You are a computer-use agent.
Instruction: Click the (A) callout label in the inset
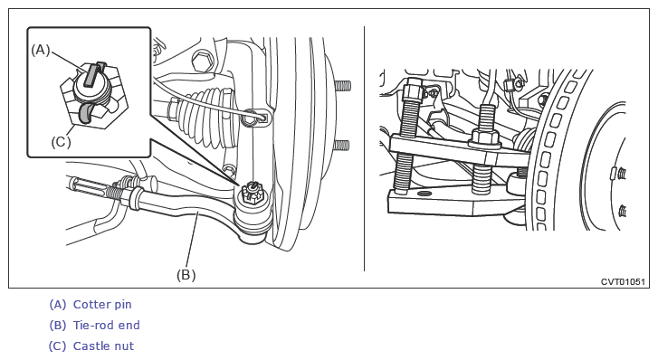[41, 50]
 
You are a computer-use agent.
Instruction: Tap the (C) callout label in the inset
[61, 142]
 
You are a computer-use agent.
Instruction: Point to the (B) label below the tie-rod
[186, 275]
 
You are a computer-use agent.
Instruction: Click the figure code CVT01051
[623, 281]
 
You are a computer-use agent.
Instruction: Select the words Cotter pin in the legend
[102, 304]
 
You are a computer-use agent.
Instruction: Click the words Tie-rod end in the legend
[106, 325]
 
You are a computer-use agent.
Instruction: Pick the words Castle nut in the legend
[103, 346]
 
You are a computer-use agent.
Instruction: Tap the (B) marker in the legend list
[58, 325]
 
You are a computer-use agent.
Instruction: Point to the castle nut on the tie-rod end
[252, 194]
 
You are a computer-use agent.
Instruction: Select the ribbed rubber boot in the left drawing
[205, 117]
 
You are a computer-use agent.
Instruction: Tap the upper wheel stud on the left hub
[343, 86]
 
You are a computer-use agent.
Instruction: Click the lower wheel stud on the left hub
[340, 146]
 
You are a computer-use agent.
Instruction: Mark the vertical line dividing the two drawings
[364, 149]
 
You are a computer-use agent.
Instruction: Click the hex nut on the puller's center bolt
[485, 138]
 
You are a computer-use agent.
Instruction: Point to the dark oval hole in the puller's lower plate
[424, 193]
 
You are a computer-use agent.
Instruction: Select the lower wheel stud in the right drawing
[622, 210]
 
